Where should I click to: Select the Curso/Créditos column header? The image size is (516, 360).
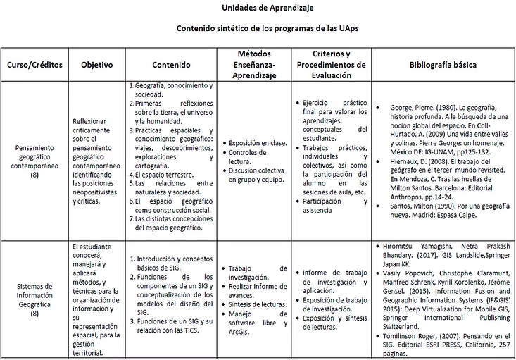[35, 65]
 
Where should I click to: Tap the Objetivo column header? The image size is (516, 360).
[96, 65]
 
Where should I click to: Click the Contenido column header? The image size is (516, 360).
[171, 65]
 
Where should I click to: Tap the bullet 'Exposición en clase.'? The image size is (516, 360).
[258, 143]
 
